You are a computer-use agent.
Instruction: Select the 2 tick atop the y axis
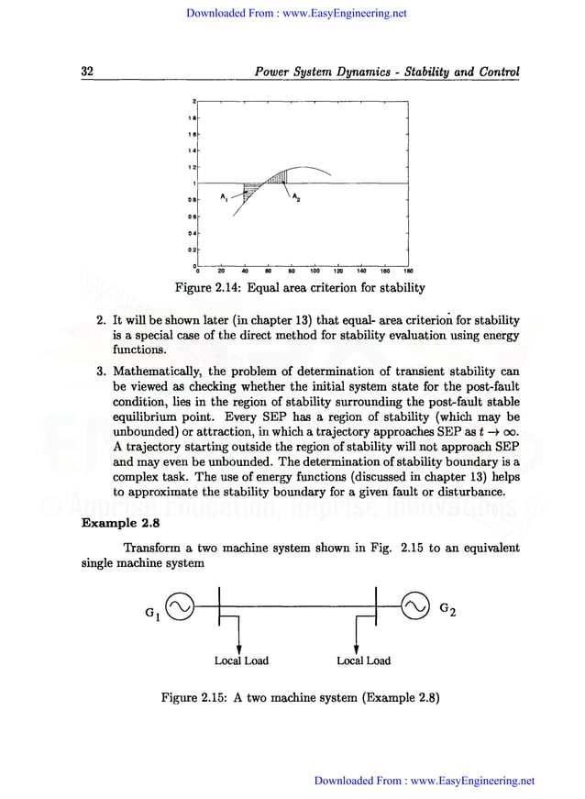click(193, 99)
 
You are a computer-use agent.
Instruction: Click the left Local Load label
click(241, 660)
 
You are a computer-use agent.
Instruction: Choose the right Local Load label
click(363, 660)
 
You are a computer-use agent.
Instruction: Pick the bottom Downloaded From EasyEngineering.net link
click(424, 781)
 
